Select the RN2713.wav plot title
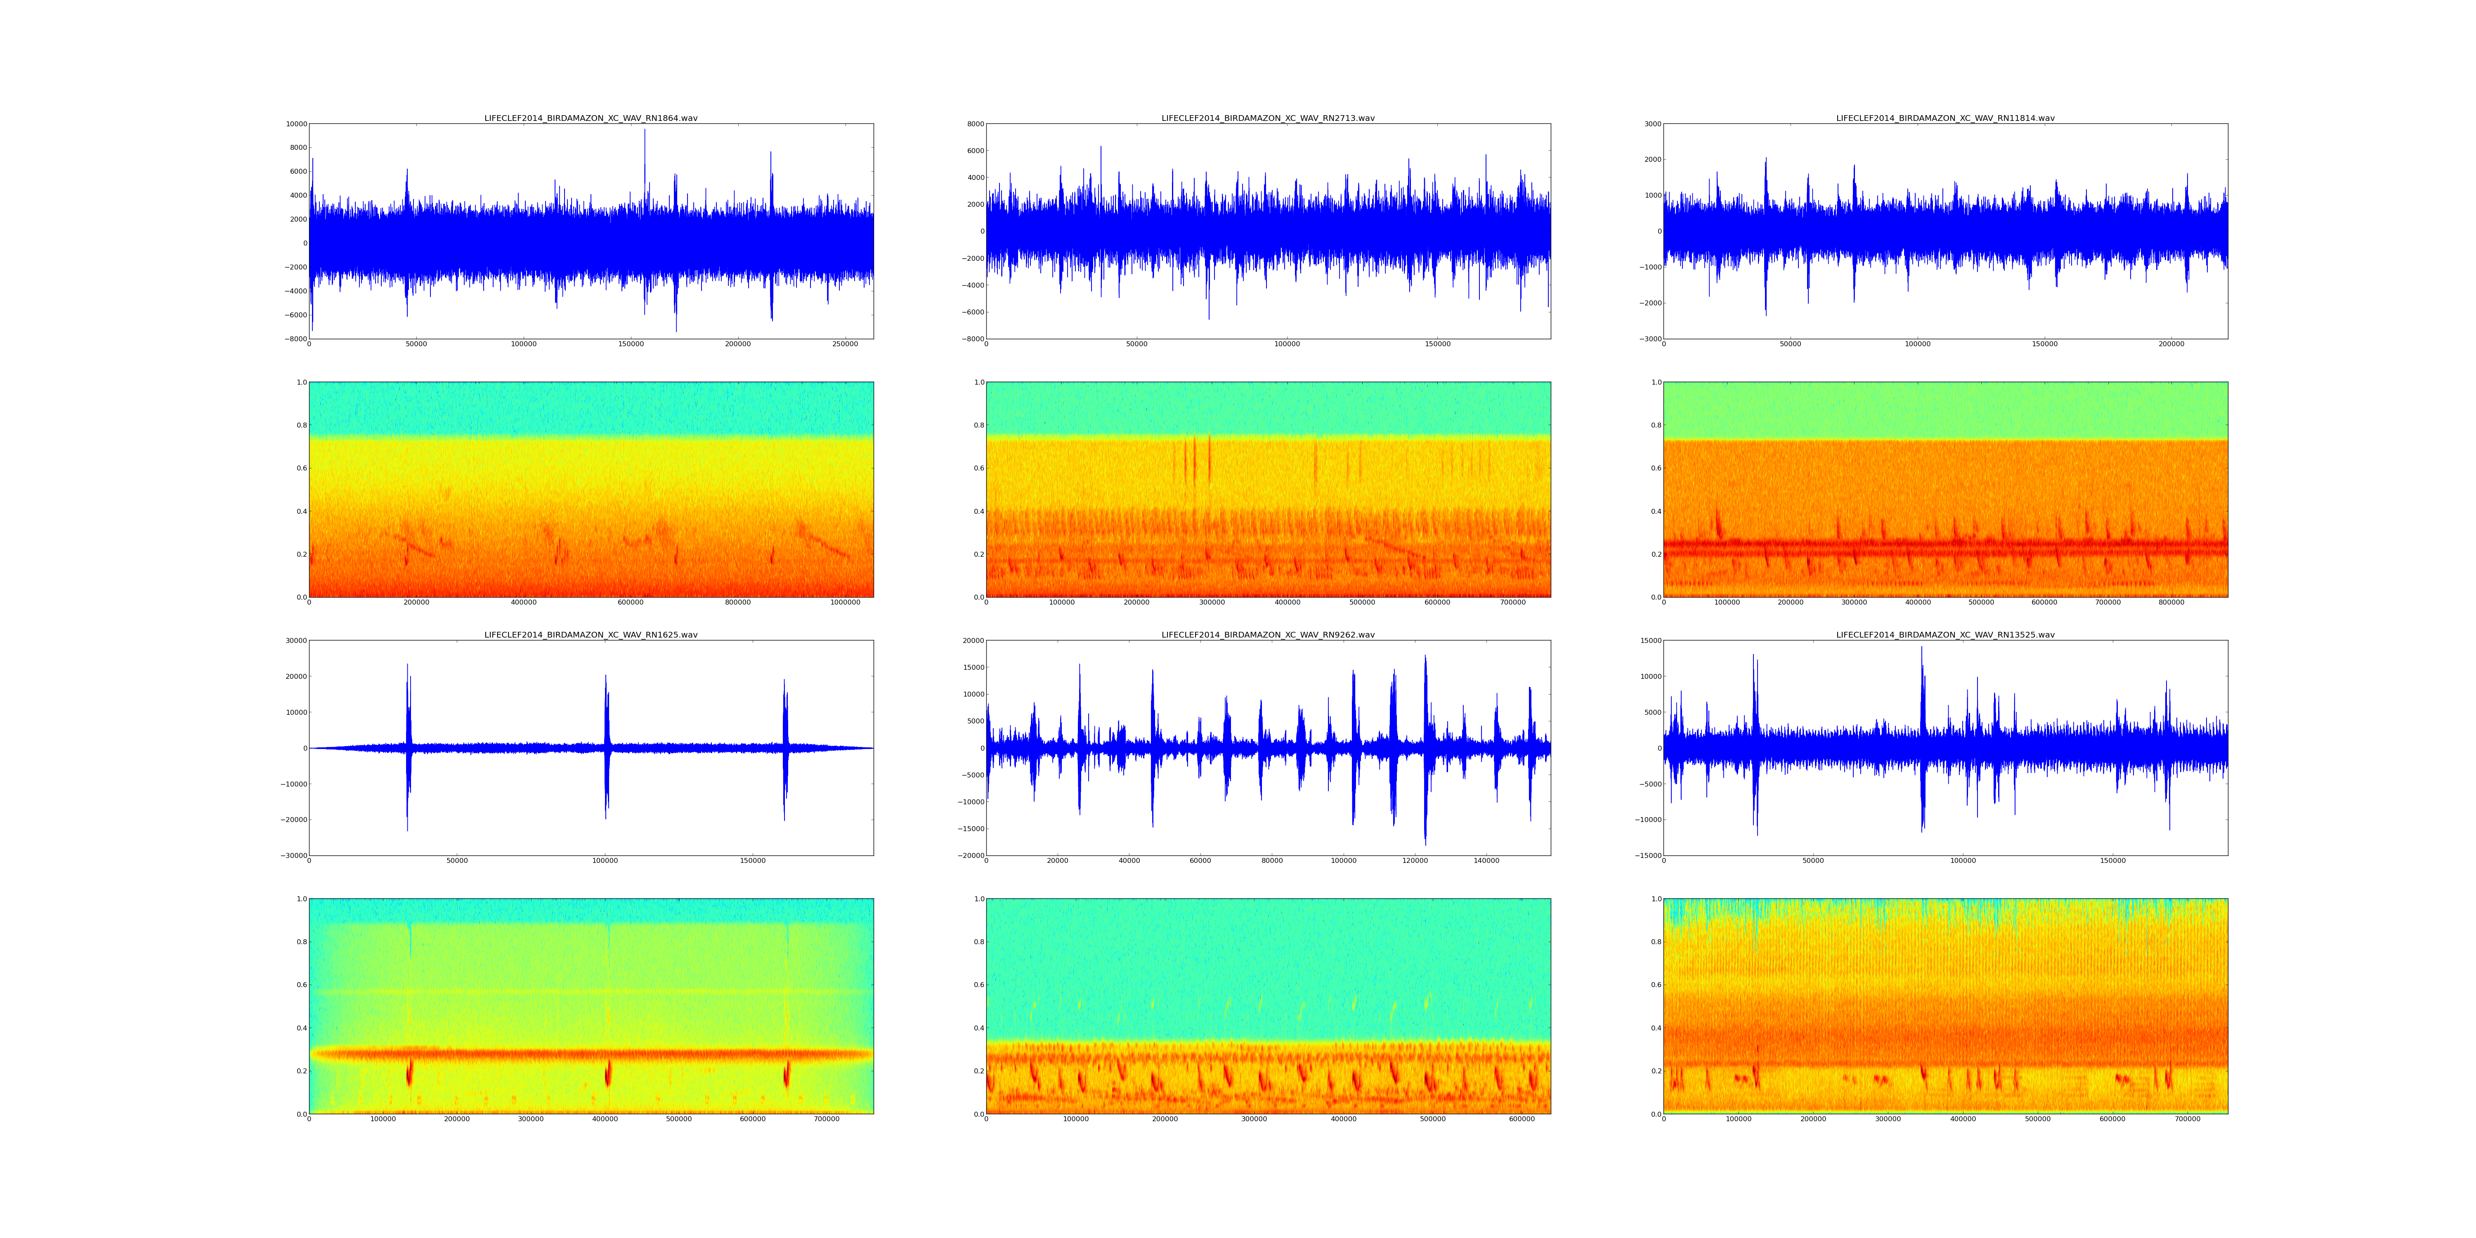click(x=1268, y=118)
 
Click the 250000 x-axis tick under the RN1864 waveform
click(x=845, y=344)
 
